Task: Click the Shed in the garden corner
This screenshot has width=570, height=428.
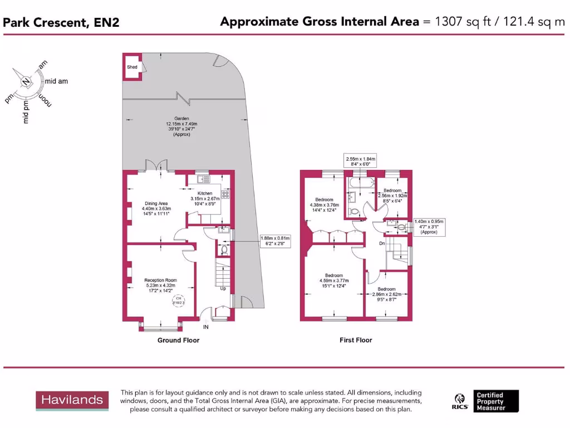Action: pos(132,66)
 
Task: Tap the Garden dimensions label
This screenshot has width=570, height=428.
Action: pos(181,127)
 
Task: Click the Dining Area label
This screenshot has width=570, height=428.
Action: pos(156,208)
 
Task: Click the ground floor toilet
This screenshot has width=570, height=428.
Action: pos(224,250)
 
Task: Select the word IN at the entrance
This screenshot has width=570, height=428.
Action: pos(205,327)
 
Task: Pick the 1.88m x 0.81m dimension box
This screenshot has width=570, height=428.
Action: pos(275,241)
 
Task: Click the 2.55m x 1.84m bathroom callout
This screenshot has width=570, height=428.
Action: pos(361,161)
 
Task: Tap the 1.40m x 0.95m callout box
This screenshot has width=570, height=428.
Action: pos(429,227)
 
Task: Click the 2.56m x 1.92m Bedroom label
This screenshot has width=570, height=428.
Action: pos(392,196)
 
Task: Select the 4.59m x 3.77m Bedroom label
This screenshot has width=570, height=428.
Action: pos(334,280)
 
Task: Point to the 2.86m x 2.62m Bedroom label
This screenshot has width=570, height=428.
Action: pos(386,293)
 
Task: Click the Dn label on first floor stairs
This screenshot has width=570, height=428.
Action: pos(382,243)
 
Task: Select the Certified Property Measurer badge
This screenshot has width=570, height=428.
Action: pos(495,401)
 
